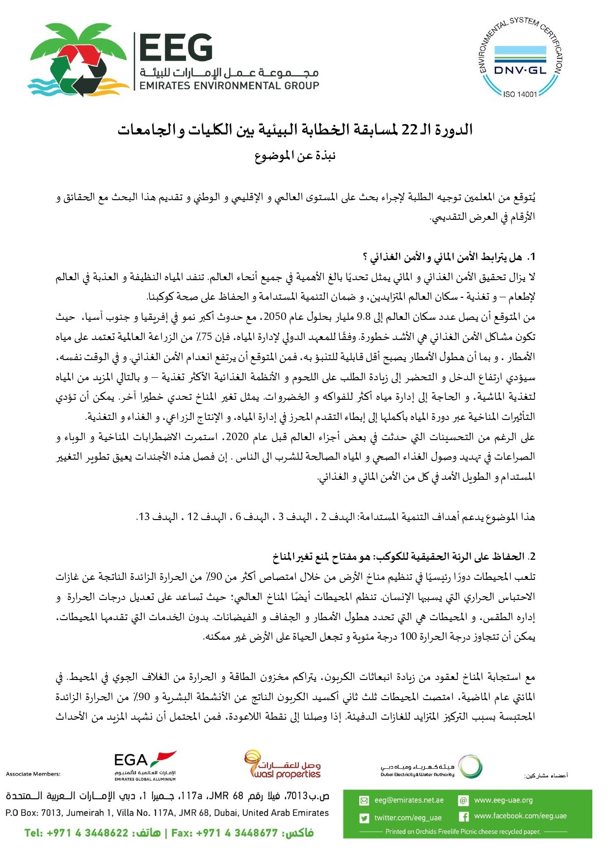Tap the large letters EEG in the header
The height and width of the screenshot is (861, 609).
[176, 48]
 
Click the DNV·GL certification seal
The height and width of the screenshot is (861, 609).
[520, 58]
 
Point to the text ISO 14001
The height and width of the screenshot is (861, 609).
[520, 94]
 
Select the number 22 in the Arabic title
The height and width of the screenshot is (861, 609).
[409, 130]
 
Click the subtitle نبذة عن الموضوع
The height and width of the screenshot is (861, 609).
[295, 156]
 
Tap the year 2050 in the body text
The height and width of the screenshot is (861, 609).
[275, 317]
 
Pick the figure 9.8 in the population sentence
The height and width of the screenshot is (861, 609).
[364, 317]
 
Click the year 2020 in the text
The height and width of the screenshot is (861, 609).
[237, 437]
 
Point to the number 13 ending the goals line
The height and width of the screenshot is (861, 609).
[144, 517]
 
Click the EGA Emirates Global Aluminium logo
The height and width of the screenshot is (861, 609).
[145, 766]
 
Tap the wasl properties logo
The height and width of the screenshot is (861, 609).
[283, 765]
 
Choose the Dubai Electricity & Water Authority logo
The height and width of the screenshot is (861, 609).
[431, 767]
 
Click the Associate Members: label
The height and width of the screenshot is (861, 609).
[33, 774]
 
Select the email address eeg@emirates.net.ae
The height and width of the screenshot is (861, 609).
[409, 800]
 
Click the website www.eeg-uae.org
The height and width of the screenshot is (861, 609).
[503, 800]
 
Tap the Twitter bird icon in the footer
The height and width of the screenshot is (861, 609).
[364, 818]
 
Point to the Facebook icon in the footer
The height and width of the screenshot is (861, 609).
[463, 817]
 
